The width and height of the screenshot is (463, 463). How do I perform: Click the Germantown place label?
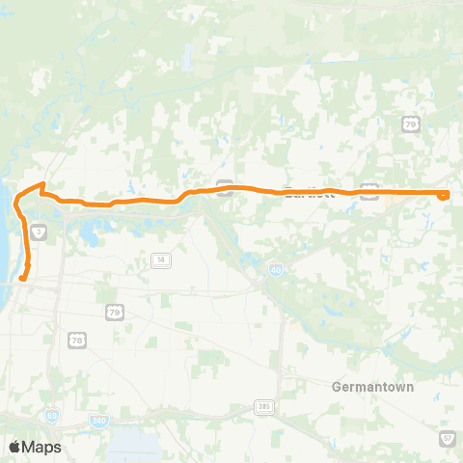pos(372,387)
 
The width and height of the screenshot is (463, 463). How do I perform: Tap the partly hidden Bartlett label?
pos(308,192)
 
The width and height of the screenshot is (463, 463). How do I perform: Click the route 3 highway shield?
pos(38,231)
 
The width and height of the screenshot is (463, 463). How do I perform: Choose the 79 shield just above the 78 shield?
pos(115,313)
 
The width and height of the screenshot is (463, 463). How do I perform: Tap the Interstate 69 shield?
pos(51,416)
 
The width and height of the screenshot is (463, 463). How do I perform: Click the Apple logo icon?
pos(14,447)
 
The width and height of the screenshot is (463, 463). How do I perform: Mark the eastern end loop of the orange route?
pos(444,194)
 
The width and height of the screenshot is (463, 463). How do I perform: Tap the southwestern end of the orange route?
pos(19,281)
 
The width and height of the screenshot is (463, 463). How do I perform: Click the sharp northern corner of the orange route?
pos(41,183)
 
